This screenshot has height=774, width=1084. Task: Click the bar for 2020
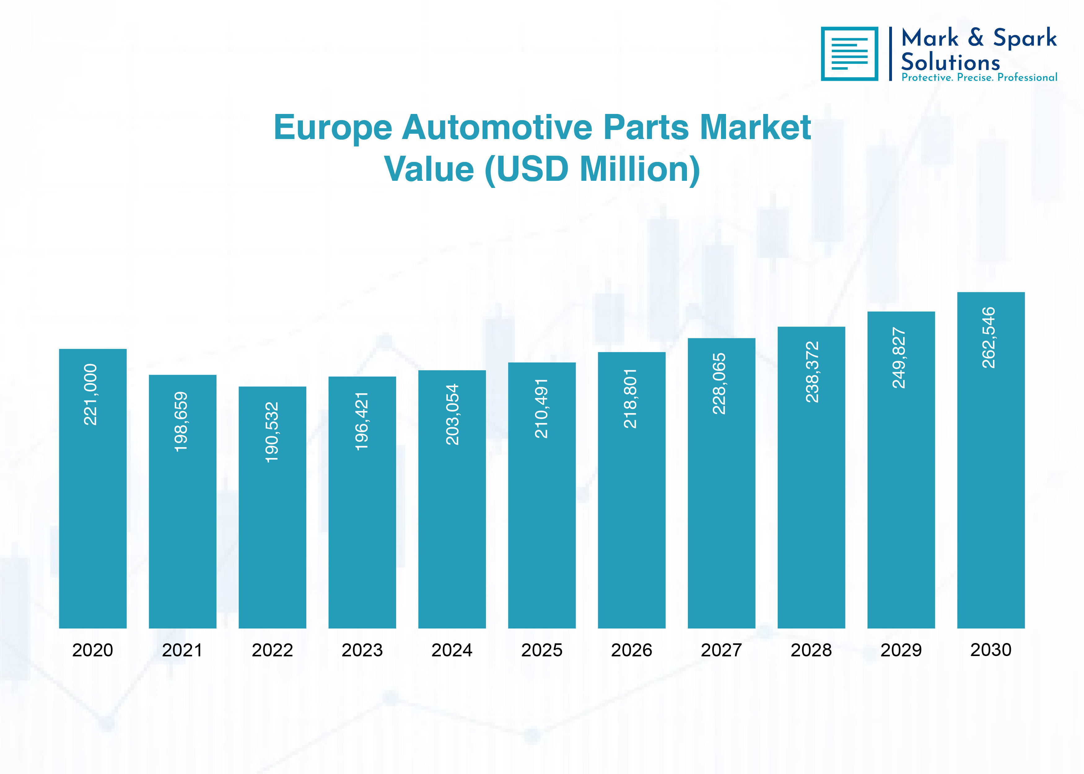pos(93,489)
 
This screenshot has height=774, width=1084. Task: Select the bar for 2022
pos(272,507)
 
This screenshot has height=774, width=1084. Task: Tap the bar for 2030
pos(990,460)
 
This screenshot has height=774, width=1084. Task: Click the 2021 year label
pos(182,650)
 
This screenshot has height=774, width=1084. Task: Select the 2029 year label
pos(901,650)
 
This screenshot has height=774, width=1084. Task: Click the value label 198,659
pos(181,422)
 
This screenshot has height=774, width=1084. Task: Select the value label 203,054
pos(452,415)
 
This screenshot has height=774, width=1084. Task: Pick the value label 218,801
pos(630,398)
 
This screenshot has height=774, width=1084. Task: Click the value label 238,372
pos(812,372)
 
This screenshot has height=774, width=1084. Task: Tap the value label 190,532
pos(272,432)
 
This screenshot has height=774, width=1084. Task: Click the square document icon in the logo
pos(850,54)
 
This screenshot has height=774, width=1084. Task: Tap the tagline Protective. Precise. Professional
pos(979,77)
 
